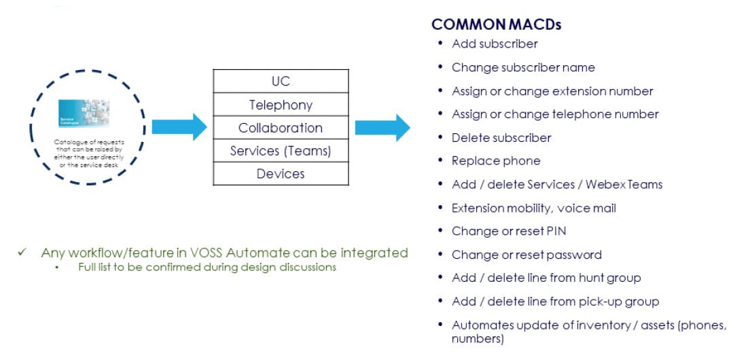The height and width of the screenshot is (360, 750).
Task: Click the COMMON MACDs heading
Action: coord(496,25)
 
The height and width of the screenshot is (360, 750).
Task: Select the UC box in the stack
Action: coord(281,82)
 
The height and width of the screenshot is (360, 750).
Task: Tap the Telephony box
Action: coord(281,105)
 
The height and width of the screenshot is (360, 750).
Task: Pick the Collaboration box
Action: coord(281,128)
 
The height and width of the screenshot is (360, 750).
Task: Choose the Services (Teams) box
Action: coord(281,151)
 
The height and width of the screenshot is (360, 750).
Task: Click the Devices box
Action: coord(281,174)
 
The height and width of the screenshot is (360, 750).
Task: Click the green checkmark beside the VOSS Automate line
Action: coord(22,253)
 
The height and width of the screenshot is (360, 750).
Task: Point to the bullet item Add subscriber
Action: coord(495,44)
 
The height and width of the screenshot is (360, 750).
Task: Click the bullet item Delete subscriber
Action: coord(501,138)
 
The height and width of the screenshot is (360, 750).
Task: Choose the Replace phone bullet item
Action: coord(496,161)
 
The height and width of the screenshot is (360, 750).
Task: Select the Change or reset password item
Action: coord(526,255)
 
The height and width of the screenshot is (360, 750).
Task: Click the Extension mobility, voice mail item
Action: coord(533,208)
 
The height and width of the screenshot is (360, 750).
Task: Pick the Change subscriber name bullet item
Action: coord(523,67)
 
